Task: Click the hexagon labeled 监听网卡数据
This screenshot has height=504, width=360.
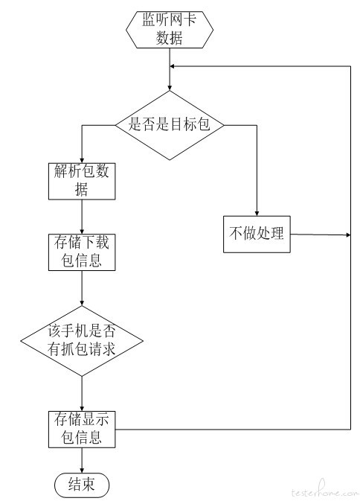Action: point(170,30)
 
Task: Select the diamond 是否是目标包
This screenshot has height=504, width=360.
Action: point(170,125)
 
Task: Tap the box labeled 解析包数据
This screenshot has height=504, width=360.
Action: point(82,182)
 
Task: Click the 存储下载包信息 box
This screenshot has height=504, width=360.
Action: point(82,252)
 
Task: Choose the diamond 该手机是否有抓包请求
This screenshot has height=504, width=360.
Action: point(82,341)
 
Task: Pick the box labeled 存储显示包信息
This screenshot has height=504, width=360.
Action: point(82,429)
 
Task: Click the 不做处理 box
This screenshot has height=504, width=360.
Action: point(257,234)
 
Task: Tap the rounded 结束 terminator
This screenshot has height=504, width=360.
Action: point(82,485)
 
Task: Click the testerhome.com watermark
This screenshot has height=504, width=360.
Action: point(325,491)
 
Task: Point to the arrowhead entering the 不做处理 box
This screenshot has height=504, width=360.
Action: point(257,214)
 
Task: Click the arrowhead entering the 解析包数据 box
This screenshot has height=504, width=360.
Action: point(82,161)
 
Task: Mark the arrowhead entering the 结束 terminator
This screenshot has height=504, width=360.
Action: point(82,470)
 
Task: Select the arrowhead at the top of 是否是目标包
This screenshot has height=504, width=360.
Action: point(170,88)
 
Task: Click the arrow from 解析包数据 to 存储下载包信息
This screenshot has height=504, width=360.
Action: point(82,217)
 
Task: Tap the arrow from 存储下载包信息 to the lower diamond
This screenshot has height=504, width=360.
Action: point(82,288)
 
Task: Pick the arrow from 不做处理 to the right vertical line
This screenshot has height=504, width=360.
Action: point(320,235)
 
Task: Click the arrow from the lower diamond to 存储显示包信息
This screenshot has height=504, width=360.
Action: point(82,393)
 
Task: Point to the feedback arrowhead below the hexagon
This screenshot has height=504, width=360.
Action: point(172,66)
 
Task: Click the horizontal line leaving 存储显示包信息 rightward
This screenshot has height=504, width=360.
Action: point(233,429)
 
